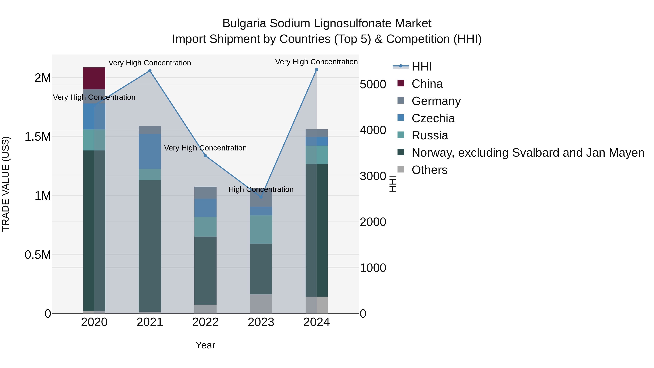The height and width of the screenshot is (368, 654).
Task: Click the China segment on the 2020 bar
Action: point(94,78)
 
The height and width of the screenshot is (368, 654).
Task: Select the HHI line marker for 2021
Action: point(150,71)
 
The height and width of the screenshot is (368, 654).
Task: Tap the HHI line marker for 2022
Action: point(205,156)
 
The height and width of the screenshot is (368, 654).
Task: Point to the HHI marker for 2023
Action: point(261,197)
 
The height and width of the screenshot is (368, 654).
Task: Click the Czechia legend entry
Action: point(433,118)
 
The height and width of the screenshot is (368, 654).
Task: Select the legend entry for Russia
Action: point(430,135)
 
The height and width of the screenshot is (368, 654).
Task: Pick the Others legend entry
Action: point(429,170)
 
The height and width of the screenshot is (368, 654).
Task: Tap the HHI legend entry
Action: point(421,67)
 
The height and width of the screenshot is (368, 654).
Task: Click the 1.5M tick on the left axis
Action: point(38,137)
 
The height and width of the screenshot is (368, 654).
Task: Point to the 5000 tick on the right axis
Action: point(373,84)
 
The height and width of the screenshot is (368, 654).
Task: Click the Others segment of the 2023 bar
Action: point(261,304)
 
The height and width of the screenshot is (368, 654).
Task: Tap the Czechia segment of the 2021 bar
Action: point(150,151)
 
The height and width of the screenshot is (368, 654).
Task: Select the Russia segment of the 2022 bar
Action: point(205,227)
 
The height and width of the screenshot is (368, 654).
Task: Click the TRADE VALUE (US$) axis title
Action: point(6,184)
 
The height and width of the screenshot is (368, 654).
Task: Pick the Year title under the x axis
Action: point(205,345)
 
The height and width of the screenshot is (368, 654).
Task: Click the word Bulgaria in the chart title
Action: point(244,23)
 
